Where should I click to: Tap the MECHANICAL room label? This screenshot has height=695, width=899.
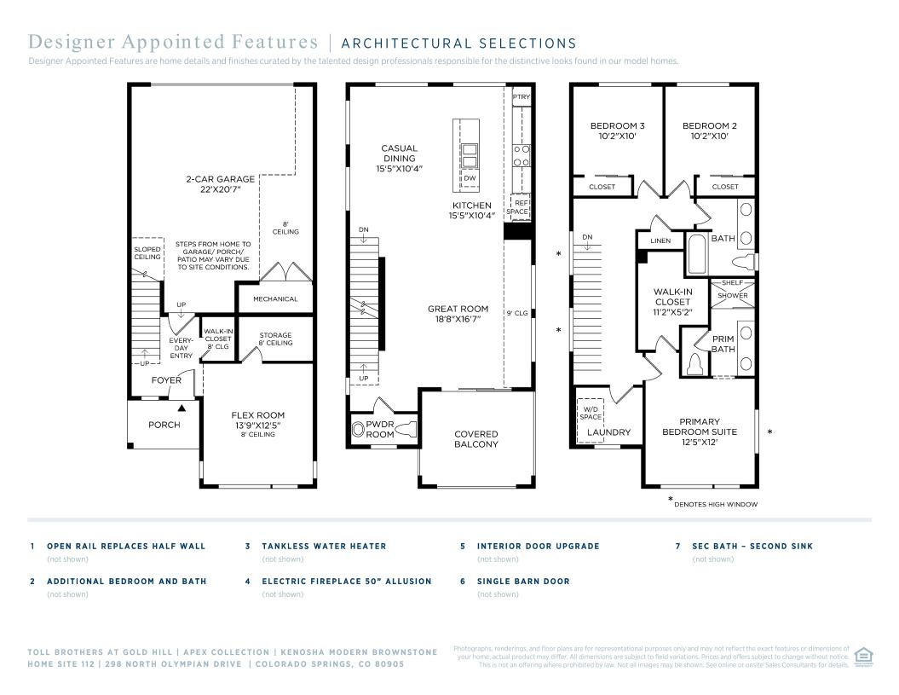(x=275, y=299)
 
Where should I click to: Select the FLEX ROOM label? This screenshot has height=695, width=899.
(x=258, y=415)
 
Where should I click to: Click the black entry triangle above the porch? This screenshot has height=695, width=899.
(x=182, y=408)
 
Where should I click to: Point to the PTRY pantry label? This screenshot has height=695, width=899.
(x=522, y=97)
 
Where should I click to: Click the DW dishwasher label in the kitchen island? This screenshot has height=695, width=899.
(x=470, y=178)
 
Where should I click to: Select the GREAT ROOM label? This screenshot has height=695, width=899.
(x=458, y=309)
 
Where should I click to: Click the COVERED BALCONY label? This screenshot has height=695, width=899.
(x=476, y=439)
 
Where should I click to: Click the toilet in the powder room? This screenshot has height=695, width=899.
(x=406, y=429)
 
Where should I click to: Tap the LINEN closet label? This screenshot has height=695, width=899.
(x=660, y=241)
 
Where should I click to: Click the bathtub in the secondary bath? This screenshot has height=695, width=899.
(x=698, y=253)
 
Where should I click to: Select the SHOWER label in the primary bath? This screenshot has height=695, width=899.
(x=733, y=296)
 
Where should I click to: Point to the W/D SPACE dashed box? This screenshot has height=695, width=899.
(x=591, y=413)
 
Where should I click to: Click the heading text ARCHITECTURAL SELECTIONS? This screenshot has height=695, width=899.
(x=459, y=43)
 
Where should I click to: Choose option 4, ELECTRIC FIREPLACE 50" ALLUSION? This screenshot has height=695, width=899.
(x=346, y=582)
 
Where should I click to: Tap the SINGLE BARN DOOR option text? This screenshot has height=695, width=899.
(x=523, y=582)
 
